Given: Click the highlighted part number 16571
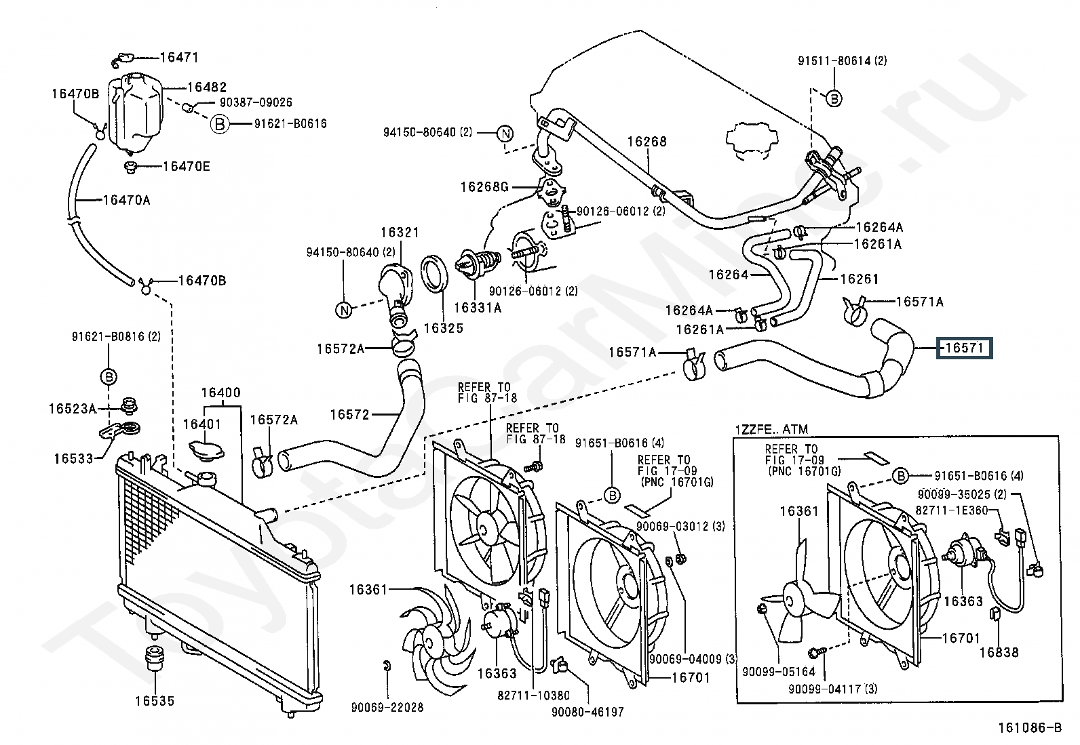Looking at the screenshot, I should tap(964, 348).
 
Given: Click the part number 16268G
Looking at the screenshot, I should tap(484, 186).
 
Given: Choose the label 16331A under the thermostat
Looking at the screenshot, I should tap(478, 308).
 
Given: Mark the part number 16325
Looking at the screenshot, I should tap(443, 328).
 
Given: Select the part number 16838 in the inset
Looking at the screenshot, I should tap(999, 652).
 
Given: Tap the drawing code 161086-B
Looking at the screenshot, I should tap(1029, 729).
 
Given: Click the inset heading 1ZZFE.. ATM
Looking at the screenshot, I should tap(772, 429).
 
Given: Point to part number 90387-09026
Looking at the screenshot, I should tap(255, 102).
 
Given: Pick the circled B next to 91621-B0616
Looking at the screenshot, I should tap(219, 124).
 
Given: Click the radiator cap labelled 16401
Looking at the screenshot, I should tap(204, 451).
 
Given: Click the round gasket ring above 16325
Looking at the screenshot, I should tap(434, 271).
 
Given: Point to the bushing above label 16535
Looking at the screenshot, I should tap(155, 658).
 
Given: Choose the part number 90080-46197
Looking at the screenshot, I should tap(587, 712).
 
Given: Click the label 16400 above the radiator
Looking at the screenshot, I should tap(220, 393).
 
